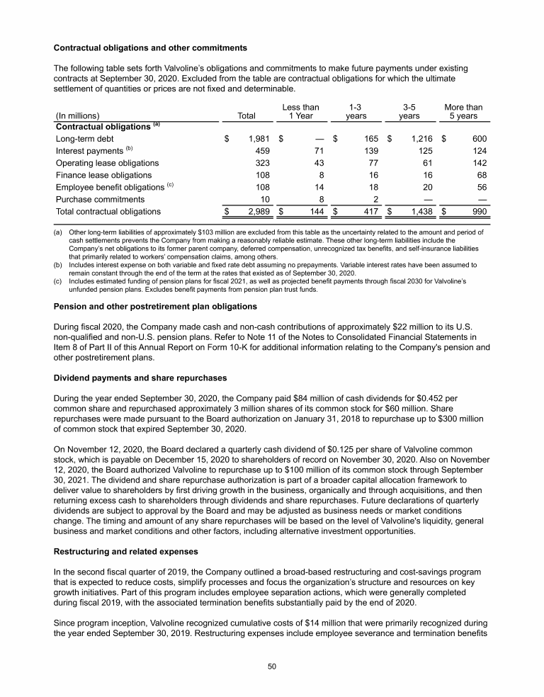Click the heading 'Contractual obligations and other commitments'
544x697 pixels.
pos(150,48)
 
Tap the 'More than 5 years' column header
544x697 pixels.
pos(463,111)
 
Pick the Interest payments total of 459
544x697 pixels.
pos(264,151)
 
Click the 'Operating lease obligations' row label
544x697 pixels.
pos(106,163)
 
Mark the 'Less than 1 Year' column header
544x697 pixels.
pos(300,111)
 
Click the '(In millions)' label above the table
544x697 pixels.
pos(76,116)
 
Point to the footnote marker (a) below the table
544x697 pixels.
pos(59,232)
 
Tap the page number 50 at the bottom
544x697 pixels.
pos(272,666)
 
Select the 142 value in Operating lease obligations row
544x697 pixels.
pos(480,163)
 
